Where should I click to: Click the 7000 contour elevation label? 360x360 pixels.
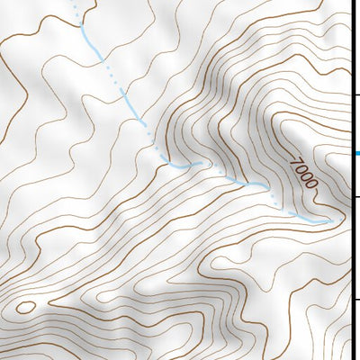[x=304, y=173]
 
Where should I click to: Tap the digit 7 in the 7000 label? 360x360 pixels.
[x=296, y=162]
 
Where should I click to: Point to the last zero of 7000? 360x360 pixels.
[x=311, y=184]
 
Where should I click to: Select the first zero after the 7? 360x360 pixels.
[x=301, y=169]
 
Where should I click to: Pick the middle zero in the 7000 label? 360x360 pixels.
[x=306, y=176]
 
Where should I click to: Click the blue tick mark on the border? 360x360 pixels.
[x=356, y=153]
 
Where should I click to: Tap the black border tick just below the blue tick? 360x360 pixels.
[x=356, y=196]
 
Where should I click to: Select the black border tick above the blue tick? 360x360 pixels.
[x=356, y=94]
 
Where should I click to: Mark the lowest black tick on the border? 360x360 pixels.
[x=356, y=300]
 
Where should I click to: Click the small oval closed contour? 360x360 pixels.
[x=25, y=307]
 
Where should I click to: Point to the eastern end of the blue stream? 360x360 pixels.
[x=330, y=220]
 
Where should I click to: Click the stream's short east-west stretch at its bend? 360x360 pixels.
[x=182, y=166]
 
